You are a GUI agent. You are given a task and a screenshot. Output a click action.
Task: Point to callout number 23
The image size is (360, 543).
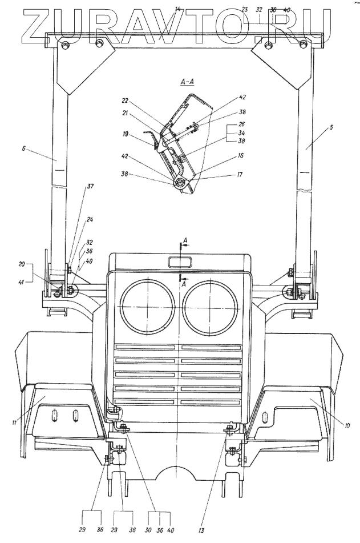coord(245,9)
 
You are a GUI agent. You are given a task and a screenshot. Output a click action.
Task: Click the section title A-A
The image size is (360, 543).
coord(188,83)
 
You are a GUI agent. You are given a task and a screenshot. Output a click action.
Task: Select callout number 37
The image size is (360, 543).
coord(90,186)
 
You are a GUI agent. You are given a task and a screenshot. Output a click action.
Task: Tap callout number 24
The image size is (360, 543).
coord(90,219)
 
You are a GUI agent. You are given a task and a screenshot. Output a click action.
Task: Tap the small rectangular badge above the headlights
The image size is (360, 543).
coord(180,262)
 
